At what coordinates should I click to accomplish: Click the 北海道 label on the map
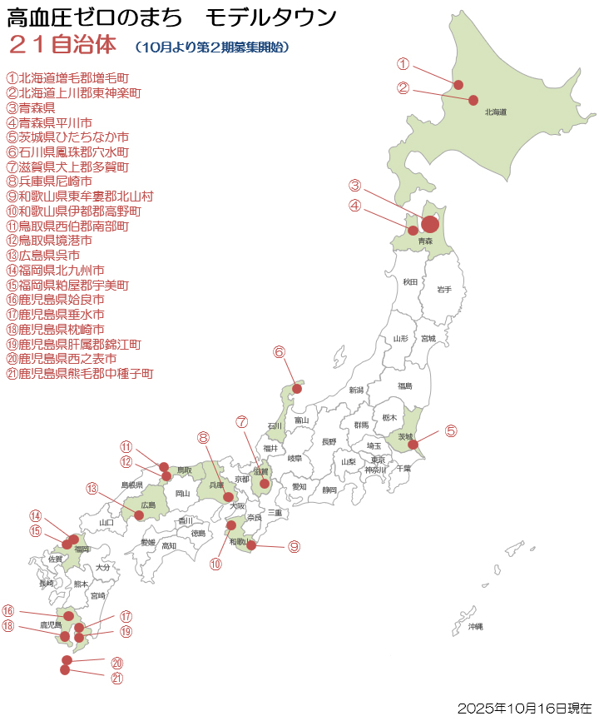pyautogui.click(x=496, y=112)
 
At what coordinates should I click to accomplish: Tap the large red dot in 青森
pyautogui.click(x=430, y=224)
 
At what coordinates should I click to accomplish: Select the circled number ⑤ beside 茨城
pyautogui.click(x=450, y=430)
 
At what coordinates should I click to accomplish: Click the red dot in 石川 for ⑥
pyautogui.click(x=297, y=389)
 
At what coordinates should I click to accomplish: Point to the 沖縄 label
pyautogui.click(x=475, y=625)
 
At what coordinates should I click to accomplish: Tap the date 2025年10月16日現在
pyautogui.click(x=524, y=708)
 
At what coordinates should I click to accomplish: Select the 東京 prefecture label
pyautogui.click(x=378, y=460)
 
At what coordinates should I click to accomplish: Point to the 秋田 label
pyautogui.click(x=409, y=282)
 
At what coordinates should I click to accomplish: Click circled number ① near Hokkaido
pyautogui.click(x=403, y=64)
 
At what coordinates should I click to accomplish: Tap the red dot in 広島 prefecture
pyautogui.click(x=140, y=515)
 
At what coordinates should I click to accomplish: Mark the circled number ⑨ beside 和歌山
pyautogui.click(x=294, y=546)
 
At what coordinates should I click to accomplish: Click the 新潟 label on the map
pyautogui.click(x=356, y=390)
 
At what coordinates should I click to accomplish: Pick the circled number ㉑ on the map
pyautogui.click(x=117, y=678)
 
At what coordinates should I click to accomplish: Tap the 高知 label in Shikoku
pyautogui.click(x=169, y=545)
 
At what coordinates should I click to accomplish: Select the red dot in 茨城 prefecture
pyautogui.click(x=413, y=445)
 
